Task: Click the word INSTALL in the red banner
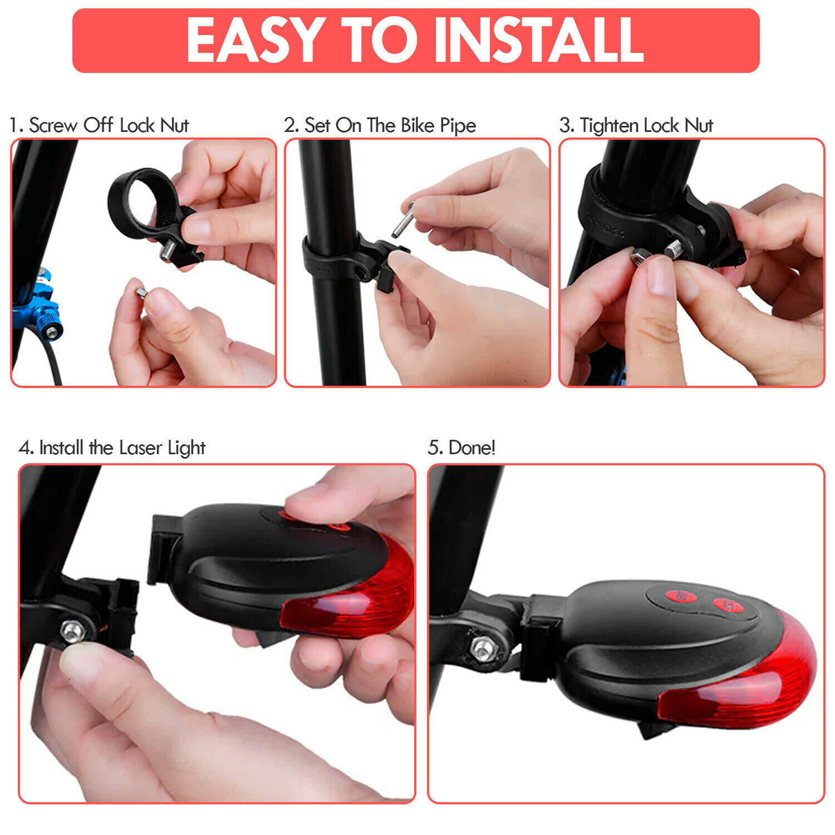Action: point(539,40)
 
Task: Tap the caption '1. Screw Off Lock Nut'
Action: point(99,125)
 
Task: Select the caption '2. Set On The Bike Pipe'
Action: point(380,126)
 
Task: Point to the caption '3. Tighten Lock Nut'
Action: point(636,126)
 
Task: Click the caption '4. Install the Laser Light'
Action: point(112,448)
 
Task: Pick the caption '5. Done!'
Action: point(461,448)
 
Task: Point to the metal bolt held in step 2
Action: point(403,219)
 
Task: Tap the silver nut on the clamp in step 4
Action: point(71,631)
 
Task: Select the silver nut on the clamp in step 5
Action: point(483,648)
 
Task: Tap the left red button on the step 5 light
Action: point(681,597)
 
